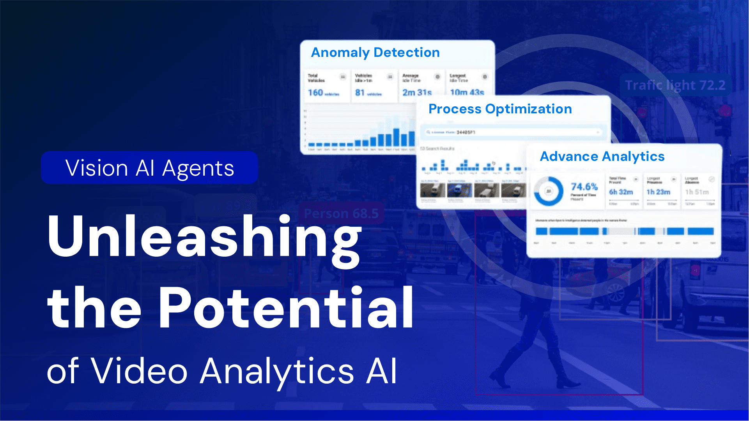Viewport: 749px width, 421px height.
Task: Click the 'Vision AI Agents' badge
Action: (x=149, y=168)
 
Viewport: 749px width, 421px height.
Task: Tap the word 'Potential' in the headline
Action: (x=286, y=308)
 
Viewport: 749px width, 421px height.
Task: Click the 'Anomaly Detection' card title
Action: (x=375, y=53)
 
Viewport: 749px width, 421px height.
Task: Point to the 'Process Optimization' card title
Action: (x=500, y=109)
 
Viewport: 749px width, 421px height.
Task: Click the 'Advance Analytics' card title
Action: (x=602, y=157)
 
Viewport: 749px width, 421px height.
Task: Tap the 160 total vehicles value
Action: (x=315, y=93)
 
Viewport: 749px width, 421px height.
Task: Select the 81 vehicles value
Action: (x=359, y=93)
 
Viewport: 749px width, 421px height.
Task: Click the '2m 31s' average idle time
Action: (x=417, y=93)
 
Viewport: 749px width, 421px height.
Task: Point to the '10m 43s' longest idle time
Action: (x=467, y=93)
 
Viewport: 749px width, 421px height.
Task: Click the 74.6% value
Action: (x=584, y=187)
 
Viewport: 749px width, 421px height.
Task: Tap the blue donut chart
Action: (x=549, y=191)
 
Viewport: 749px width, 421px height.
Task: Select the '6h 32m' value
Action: (x=621, y=192)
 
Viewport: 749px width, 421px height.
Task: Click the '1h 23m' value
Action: (x=658, y=192)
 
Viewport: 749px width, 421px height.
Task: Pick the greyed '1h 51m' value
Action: (x=697, y=192)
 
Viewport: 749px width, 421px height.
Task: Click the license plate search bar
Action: (x=513, y=132)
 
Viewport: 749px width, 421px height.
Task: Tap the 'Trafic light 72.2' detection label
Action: (x=675, y=85)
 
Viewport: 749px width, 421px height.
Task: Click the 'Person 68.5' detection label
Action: (x=341, y=213)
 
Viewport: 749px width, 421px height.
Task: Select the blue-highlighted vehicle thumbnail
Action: (x=459, y=190)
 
